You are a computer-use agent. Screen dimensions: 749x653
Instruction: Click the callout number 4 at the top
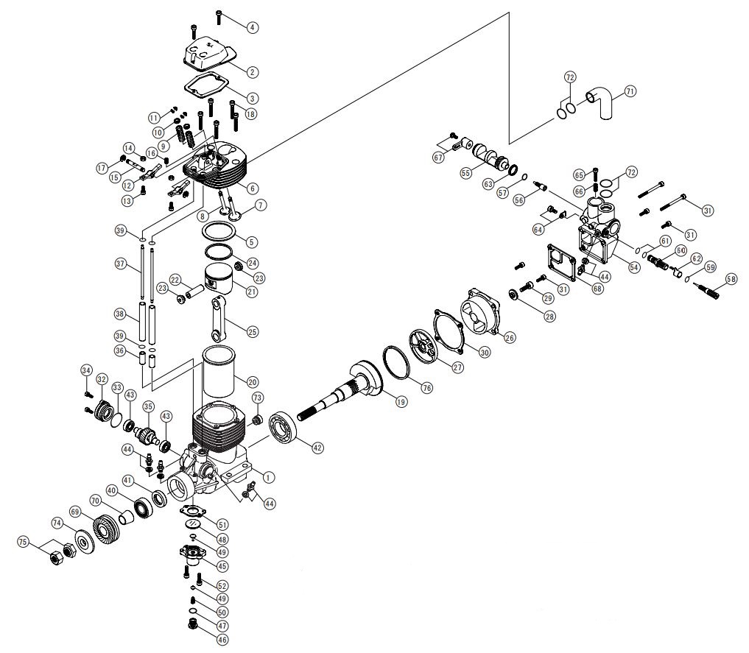(x=253, y=28)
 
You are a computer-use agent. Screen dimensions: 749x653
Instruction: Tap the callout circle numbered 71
(x=630, y=91)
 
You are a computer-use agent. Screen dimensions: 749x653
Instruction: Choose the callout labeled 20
(x=252, y=382)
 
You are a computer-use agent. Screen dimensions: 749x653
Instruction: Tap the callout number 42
(x=317, y=448)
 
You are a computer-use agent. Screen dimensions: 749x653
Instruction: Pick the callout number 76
(x=426, y=387)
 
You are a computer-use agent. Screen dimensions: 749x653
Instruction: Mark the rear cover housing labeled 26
(x=480, y=314)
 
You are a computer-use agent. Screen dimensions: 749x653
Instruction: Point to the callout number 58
(x=731, y=279)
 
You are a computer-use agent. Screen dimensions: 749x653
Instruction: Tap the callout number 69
(x=75, y=512)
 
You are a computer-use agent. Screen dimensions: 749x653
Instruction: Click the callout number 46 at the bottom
(x=222, y=640)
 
